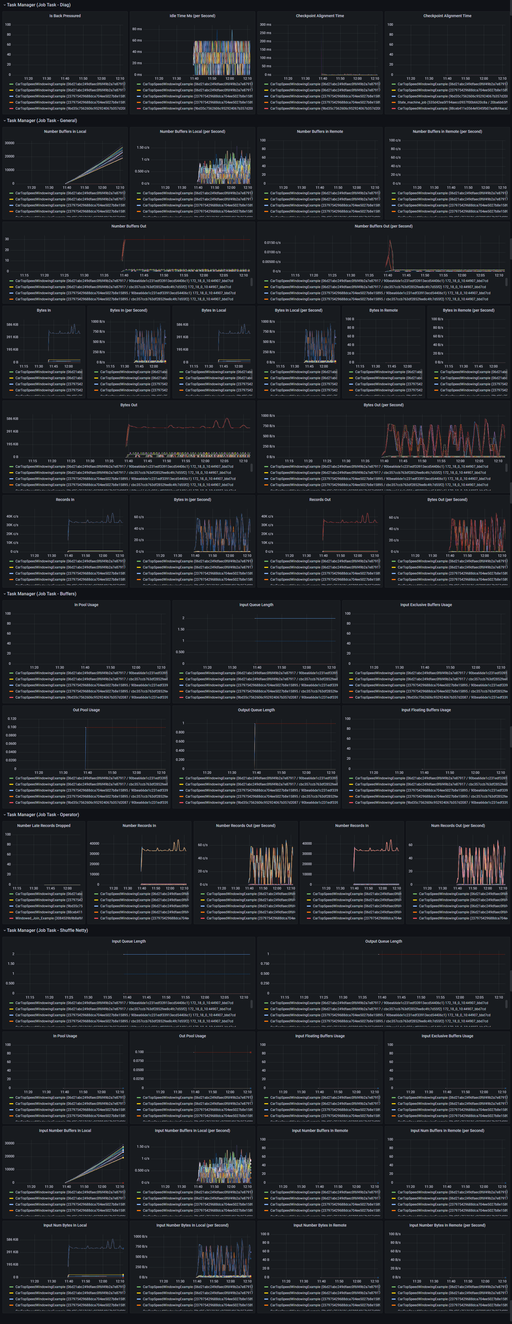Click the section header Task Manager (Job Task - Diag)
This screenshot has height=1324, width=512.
pos(38,5)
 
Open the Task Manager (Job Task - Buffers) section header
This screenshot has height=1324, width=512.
pos(41,594)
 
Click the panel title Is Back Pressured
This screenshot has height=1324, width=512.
pos(65,16)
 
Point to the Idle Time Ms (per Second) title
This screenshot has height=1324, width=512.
pos(192,16)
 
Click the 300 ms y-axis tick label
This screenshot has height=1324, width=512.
pos(265,25)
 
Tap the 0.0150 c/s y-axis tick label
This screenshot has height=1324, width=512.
pos(272,243)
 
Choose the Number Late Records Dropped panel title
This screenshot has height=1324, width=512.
pos(44,826)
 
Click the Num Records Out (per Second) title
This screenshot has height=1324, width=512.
pos(458,826)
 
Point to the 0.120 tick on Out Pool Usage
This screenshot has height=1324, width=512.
pos(11,718)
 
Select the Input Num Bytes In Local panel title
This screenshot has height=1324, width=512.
pos(65,1225)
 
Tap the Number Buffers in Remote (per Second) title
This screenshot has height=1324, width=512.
pos(447,131)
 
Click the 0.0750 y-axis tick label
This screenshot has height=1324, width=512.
pos(139,1060)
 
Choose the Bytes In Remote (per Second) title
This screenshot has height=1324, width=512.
pos(468,311)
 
